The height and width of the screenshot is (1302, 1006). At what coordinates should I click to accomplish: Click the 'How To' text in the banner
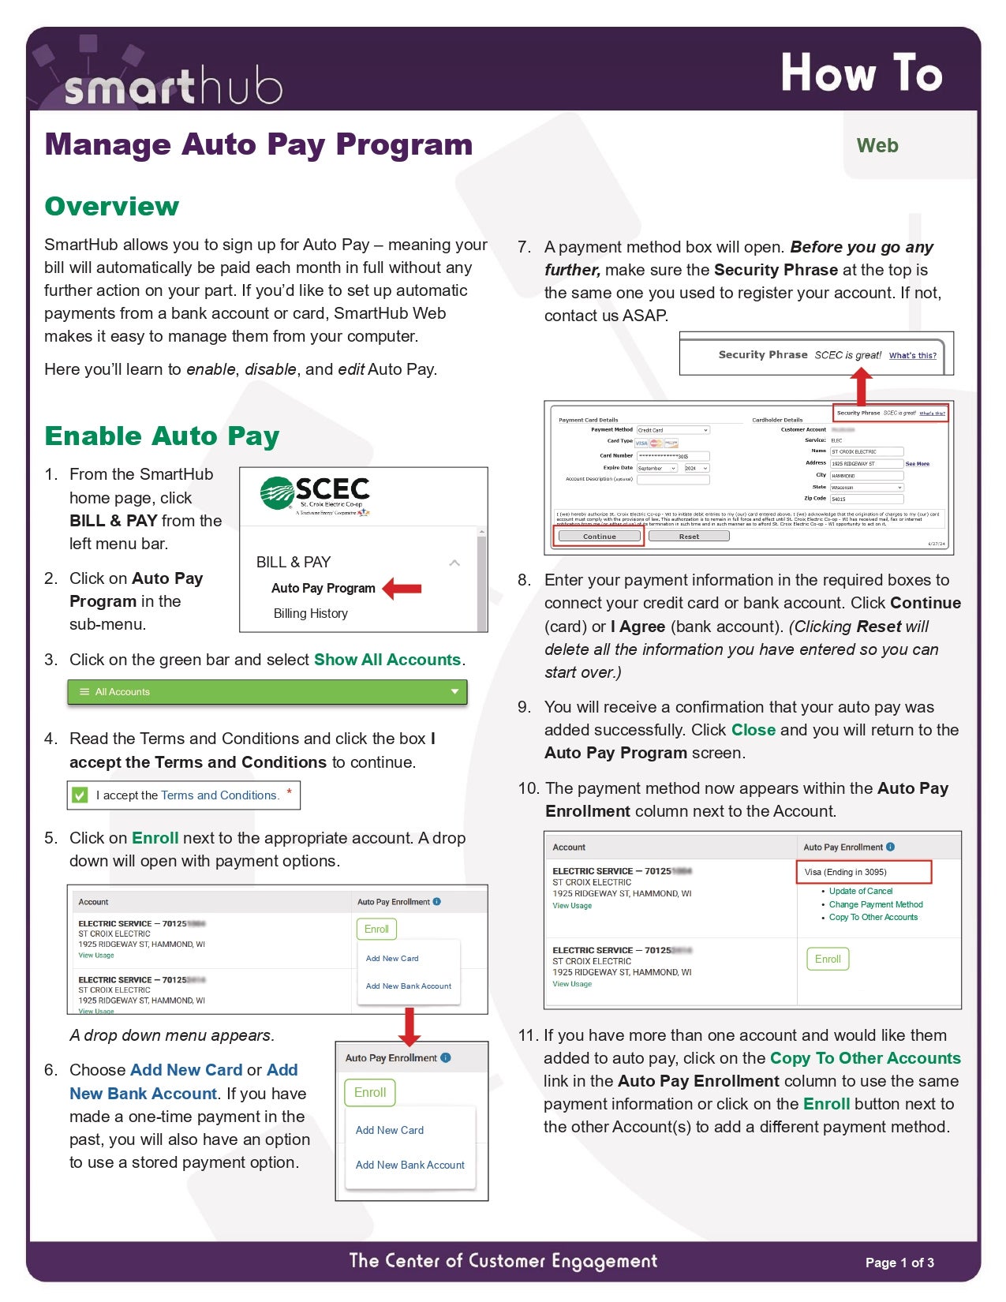click(861, 73)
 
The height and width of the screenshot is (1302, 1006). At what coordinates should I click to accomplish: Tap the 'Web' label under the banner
click(877, 146)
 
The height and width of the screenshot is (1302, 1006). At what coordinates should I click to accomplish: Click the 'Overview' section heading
click(112, 207)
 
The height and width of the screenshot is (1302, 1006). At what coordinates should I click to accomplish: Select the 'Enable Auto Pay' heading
click(162, 436)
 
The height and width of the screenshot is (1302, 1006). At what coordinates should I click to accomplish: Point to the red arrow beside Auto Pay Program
click(402, 589)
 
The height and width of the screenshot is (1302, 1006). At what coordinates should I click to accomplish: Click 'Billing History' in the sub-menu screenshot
click(311, 614)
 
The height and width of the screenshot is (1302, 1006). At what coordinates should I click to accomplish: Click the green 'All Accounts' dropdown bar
click(267, 692)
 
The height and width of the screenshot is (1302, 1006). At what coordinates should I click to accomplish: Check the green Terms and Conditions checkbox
click(80, 795)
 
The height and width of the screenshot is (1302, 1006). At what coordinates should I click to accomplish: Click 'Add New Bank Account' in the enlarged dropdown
click(410, 1165)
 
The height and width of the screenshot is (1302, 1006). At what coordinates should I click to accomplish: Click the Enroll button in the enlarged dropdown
click(369, 1093)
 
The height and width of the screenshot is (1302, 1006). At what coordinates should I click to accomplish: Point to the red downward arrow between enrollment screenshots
click(409, 1026)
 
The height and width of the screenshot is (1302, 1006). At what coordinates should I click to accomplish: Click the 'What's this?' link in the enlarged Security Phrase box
click(912, 356)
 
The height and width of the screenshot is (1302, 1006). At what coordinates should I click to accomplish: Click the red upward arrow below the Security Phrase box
click(862, 387)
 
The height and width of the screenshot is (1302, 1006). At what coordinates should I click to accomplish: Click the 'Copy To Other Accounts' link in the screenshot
click(873, 918)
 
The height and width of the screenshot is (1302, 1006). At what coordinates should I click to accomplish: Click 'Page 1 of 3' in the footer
click(899, 1263)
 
